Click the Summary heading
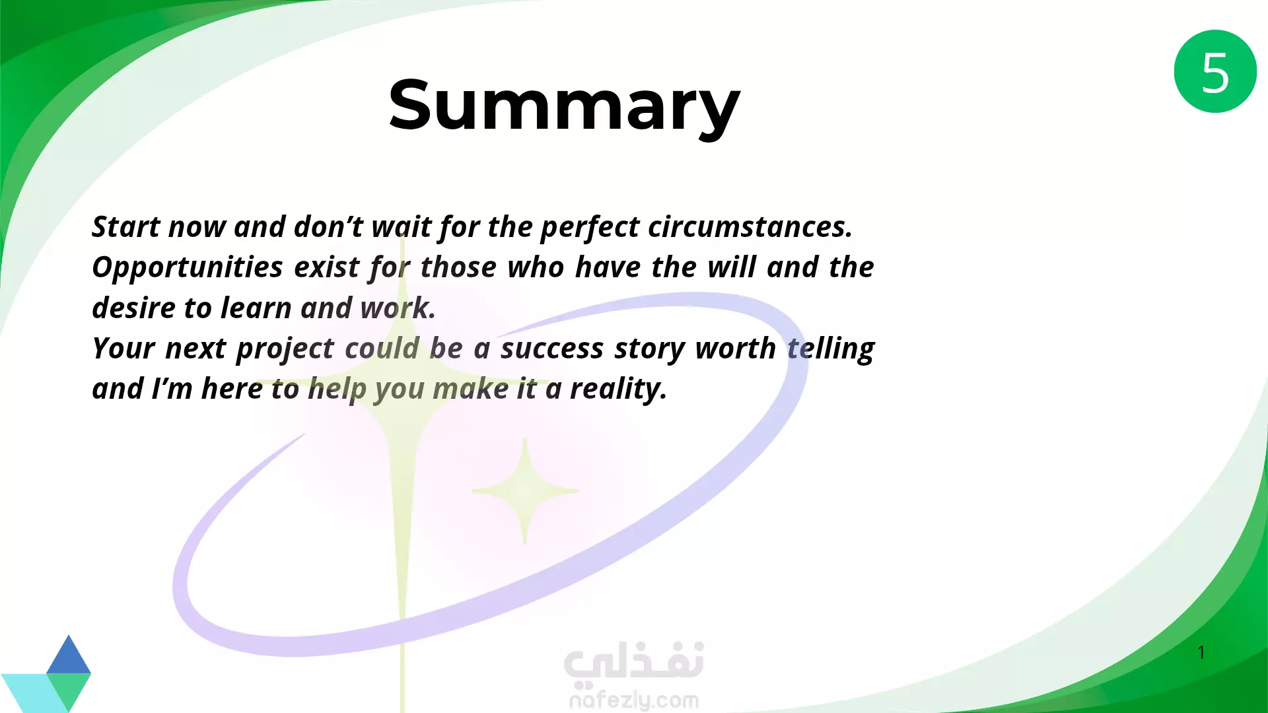[x=564, y=106]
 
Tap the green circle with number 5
[x=1215, y=71]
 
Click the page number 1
[x=1201, y=652]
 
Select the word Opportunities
[x=188, y=268]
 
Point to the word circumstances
[x=750, y=226]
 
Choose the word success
[x=551, y=349]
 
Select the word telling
[x=831, y=349]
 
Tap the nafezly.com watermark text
[x=634, y=700]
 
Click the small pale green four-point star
[x=525, y=491]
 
